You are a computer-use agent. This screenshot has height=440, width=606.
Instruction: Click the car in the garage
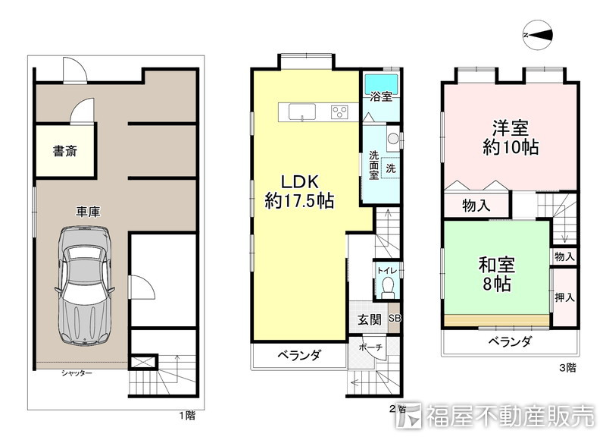(x=84, y=288)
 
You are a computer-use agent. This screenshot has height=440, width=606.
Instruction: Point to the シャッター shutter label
(x=77, y=373)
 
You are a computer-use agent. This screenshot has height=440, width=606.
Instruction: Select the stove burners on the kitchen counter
(x=339, y=113)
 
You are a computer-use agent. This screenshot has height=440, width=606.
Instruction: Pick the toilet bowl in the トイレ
(x=387, y=287)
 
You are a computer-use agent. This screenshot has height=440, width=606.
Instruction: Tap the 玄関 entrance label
(x=369, y=319)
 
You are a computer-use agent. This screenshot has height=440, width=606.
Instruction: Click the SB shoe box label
(x=394, y=319)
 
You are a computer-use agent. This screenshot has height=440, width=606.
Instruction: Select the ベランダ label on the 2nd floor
(x=298, y=354)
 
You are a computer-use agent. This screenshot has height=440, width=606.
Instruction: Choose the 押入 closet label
(x=564, y=297)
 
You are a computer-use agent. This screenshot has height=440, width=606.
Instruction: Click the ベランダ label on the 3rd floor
(x=509, y=341)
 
